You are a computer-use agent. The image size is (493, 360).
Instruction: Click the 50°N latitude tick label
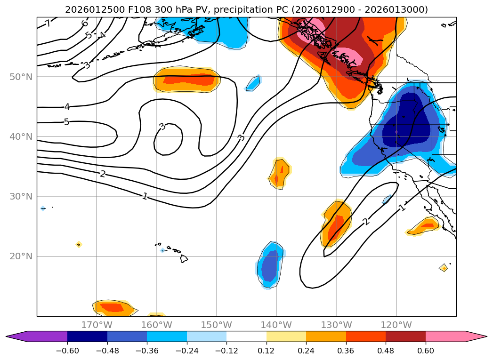[x=21, y=77]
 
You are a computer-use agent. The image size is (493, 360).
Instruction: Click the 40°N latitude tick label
[x=21, y=136]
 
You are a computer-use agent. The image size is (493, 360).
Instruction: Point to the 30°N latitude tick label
[x=21, y=196]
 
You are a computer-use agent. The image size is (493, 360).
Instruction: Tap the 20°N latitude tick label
[x=21, y=256]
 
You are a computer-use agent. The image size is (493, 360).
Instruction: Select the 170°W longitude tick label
[x=97, y=325]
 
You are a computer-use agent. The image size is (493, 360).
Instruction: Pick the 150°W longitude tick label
[x=216, y=325]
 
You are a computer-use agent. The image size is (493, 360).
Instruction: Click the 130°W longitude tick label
[x=336, y=325]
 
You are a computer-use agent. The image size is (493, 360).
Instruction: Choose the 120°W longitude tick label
[x=396, y=325]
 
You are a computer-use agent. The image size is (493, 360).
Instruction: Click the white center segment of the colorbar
[x=246, y=336]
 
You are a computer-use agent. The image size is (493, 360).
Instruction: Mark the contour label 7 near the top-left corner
[x=48, y=24]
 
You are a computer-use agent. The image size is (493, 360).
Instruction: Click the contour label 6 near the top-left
[x=85, y=24]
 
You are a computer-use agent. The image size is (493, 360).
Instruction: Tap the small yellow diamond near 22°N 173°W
[x=79, y=244]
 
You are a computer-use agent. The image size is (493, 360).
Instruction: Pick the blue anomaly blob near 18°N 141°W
[x=270, y=264]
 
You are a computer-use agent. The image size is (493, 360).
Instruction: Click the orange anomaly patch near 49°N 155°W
[x=187, y=80]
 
